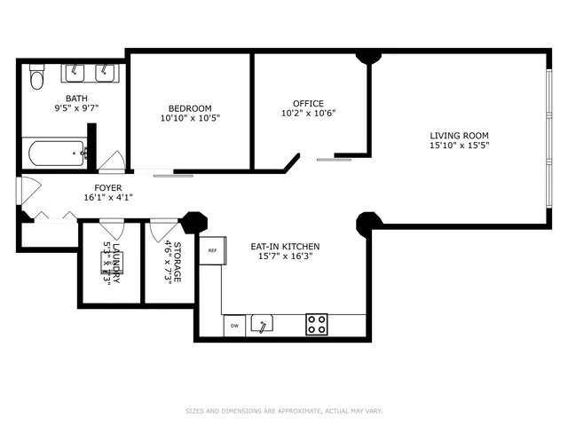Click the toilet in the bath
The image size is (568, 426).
point(36,79)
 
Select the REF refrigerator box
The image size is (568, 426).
point(212,250)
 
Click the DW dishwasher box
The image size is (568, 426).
point(235,327)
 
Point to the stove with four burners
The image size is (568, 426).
point(317,325)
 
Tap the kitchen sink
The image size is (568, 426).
point(262,326)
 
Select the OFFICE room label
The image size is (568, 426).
point(308,103)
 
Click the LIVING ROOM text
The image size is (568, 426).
point(459,136)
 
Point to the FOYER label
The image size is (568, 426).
point(107,188)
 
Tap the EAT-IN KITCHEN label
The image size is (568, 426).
point(283,247)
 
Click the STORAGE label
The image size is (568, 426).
point(177,263)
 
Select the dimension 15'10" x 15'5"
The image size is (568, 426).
point(459,146)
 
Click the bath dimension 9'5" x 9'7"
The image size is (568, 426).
point(75,108)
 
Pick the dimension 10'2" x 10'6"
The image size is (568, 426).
point(308,114)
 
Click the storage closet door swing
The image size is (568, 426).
point(164,232)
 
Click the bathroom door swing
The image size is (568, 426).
point(112,162)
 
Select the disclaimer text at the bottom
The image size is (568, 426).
point(283,411)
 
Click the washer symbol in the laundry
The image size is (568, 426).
point(111,261)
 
